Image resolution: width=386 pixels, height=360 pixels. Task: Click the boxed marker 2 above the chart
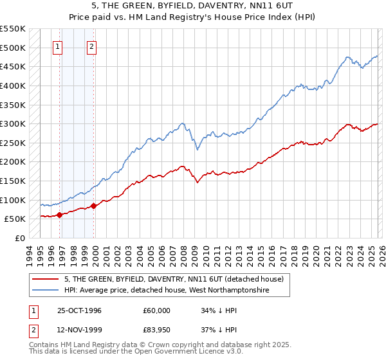pyautogui.click(x=92, y=46)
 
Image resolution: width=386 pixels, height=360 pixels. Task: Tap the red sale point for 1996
pyautogui.click(x=60, y=215)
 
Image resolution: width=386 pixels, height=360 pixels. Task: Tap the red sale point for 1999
pyautogui.click(x=94, y=206)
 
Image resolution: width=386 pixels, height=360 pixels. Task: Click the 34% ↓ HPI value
pyautogui.click(x=219, y=310)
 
